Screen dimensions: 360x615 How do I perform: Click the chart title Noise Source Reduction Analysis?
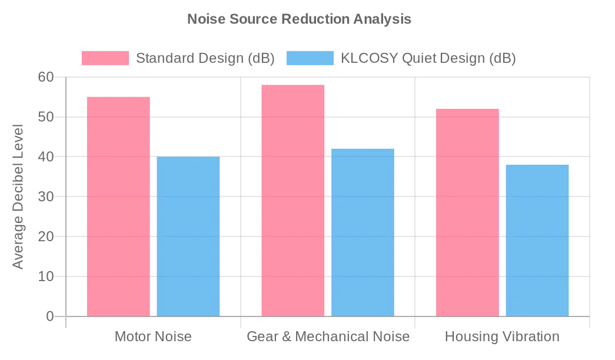point(299,19)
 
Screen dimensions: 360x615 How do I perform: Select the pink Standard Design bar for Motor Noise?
point(118,206)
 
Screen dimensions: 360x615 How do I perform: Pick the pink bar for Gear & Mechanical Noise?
point(292,201)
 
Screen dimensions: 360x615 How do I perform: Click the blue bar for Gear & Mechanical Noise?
point(363,232)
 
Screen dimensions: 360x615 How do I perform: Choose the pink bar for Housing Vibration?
point(467,212)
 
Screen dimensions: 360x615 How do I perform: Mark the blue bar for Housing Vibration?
point(537,241)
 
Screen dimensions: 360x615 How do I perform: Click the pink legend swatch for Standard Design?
point(105,58)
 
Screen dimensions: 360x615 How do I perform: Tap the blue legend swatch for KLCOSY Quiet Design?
point(310,58)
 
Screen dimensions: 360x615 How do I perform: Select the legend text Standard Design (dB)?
point(205,58)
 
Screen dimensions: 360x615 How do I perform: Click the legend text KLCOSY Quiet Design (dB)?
point(428,58)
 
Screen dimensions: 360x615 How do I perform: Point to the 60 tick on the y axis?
point(46,77)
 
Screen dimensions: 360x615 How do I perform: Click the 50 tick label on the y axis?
point(46,117)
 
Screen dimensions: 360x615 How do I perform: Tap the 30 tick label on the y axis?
point(46,196)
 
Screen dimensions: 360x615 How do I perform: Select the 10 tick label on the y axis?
point(46,276)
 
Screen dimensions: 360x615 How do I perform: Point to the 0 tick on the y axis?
point(49,316)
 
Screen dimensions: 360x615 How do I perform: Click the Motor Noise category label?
point(153,337)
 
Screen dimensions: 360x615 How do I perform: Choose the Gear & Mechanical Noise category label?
point(328,337)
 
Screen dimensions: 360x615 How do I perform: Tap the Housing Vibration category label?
point(502,337)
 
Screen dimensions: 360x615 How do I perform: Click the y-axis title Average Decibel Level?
point(18,196)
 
